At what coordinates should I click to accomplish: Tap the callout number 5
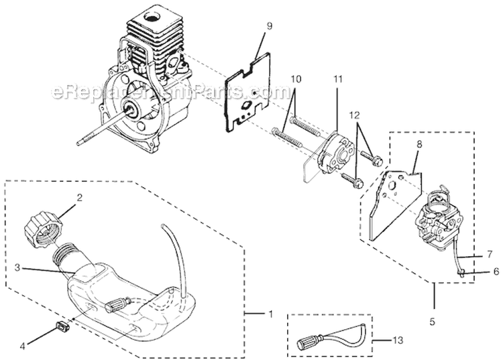(433, 322)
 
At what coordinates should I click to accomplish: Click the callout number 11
(338, 79)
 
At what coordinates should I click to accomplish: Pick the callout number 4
(23, 346)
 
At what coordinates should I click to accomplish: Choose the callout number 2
(79, 198)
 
